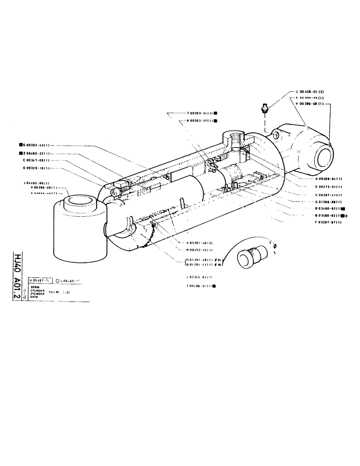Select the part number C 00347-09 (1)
[35, 160]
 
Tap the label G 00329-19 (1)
[35, 168]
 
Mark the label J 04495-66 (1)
[36, 183]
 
